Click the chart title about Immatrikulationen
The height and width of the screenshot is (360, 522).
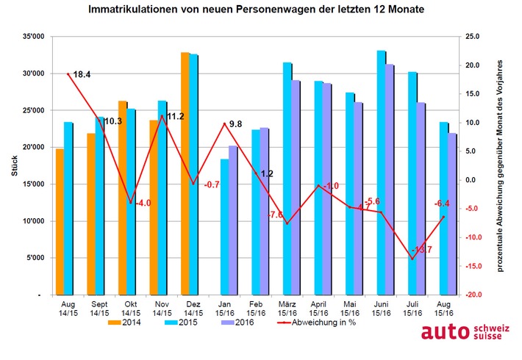click(261, 10)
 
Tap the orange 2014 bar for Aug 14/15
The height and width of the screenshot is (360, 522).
click(60, 221)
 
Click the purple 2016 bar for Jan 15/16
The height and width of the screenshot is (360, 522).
click(232, 220)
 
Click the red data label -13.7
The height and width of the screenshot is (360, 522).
click(423, 250)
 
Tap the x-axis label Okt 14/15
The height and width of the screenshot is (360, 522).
click(131, 308)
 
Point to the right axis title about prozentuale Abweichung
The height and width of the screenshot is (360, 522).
click(500, 166)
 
